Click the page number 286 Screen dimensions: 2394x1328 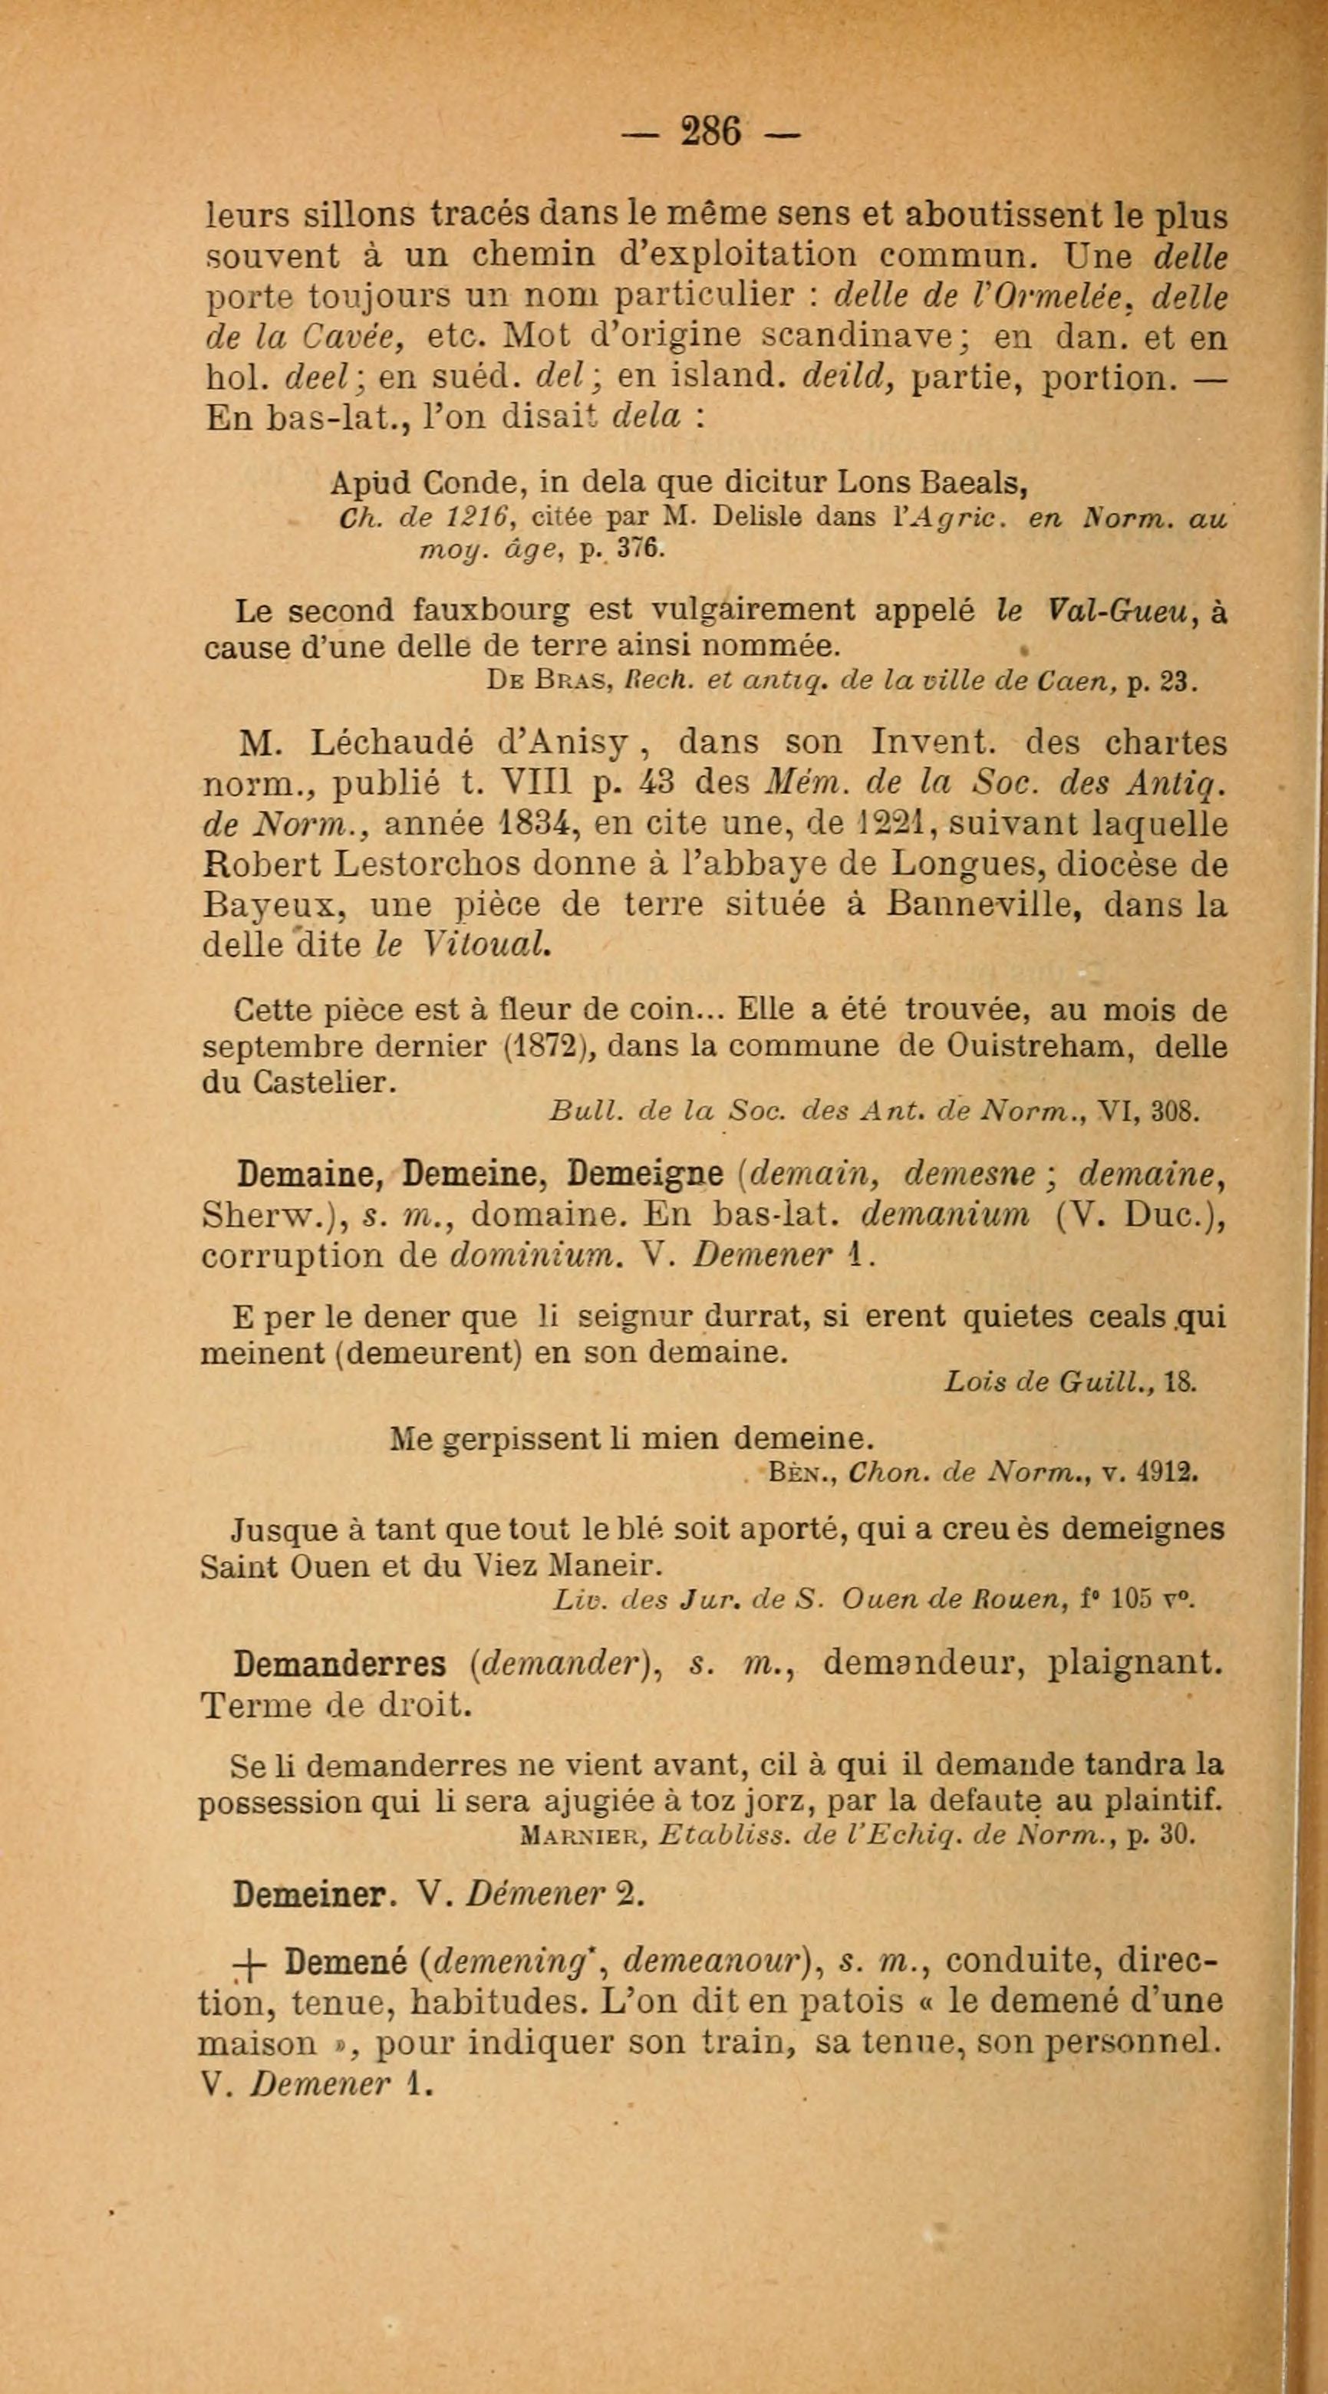(711, 131)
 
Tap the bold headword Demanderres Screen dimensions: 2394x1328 (340, 1665)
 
